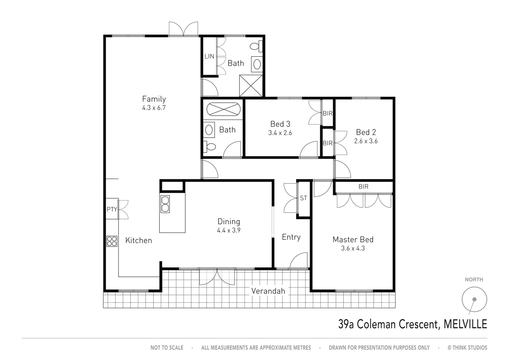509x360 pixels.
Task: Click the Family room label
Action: click(154, 99)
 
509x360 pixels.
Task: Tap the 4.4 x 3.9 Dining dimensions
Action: click(229, 230)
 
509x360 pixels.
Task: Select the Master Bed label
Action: click(353, 239)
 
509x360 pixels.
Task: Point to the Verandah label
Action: click(268, 291)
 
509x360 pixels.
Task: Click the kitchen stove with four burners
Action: click(112, 241)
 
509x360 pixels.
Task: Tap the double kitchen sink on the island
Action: click(165, 204)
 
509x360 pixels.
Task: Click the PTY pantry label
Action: click(112, 209)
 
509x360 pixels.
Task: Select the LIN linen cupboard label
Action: click(209, 56)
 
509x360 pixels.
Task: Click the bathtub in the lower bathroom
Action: click(223, 109)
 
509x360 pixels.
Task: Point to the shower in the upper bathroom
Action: click(251, 86)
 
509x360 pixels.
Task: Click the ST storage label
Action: click(303, 198)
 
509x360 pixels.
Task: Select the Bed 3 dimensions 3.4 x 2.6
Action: click(280, 133)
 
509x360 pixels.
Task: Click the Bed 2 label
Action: click(366, 132)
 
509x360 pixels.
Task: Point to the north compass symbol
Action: click(474, 299)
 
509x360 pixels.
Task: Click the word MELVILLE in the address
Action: click(465, 324)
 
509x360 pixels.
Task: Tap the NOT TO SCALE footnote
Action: click(167, 348)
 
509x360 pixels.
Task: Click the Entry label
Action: click(291, 237)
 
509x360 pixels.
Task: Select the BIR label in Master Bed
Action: click(363, 187)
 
